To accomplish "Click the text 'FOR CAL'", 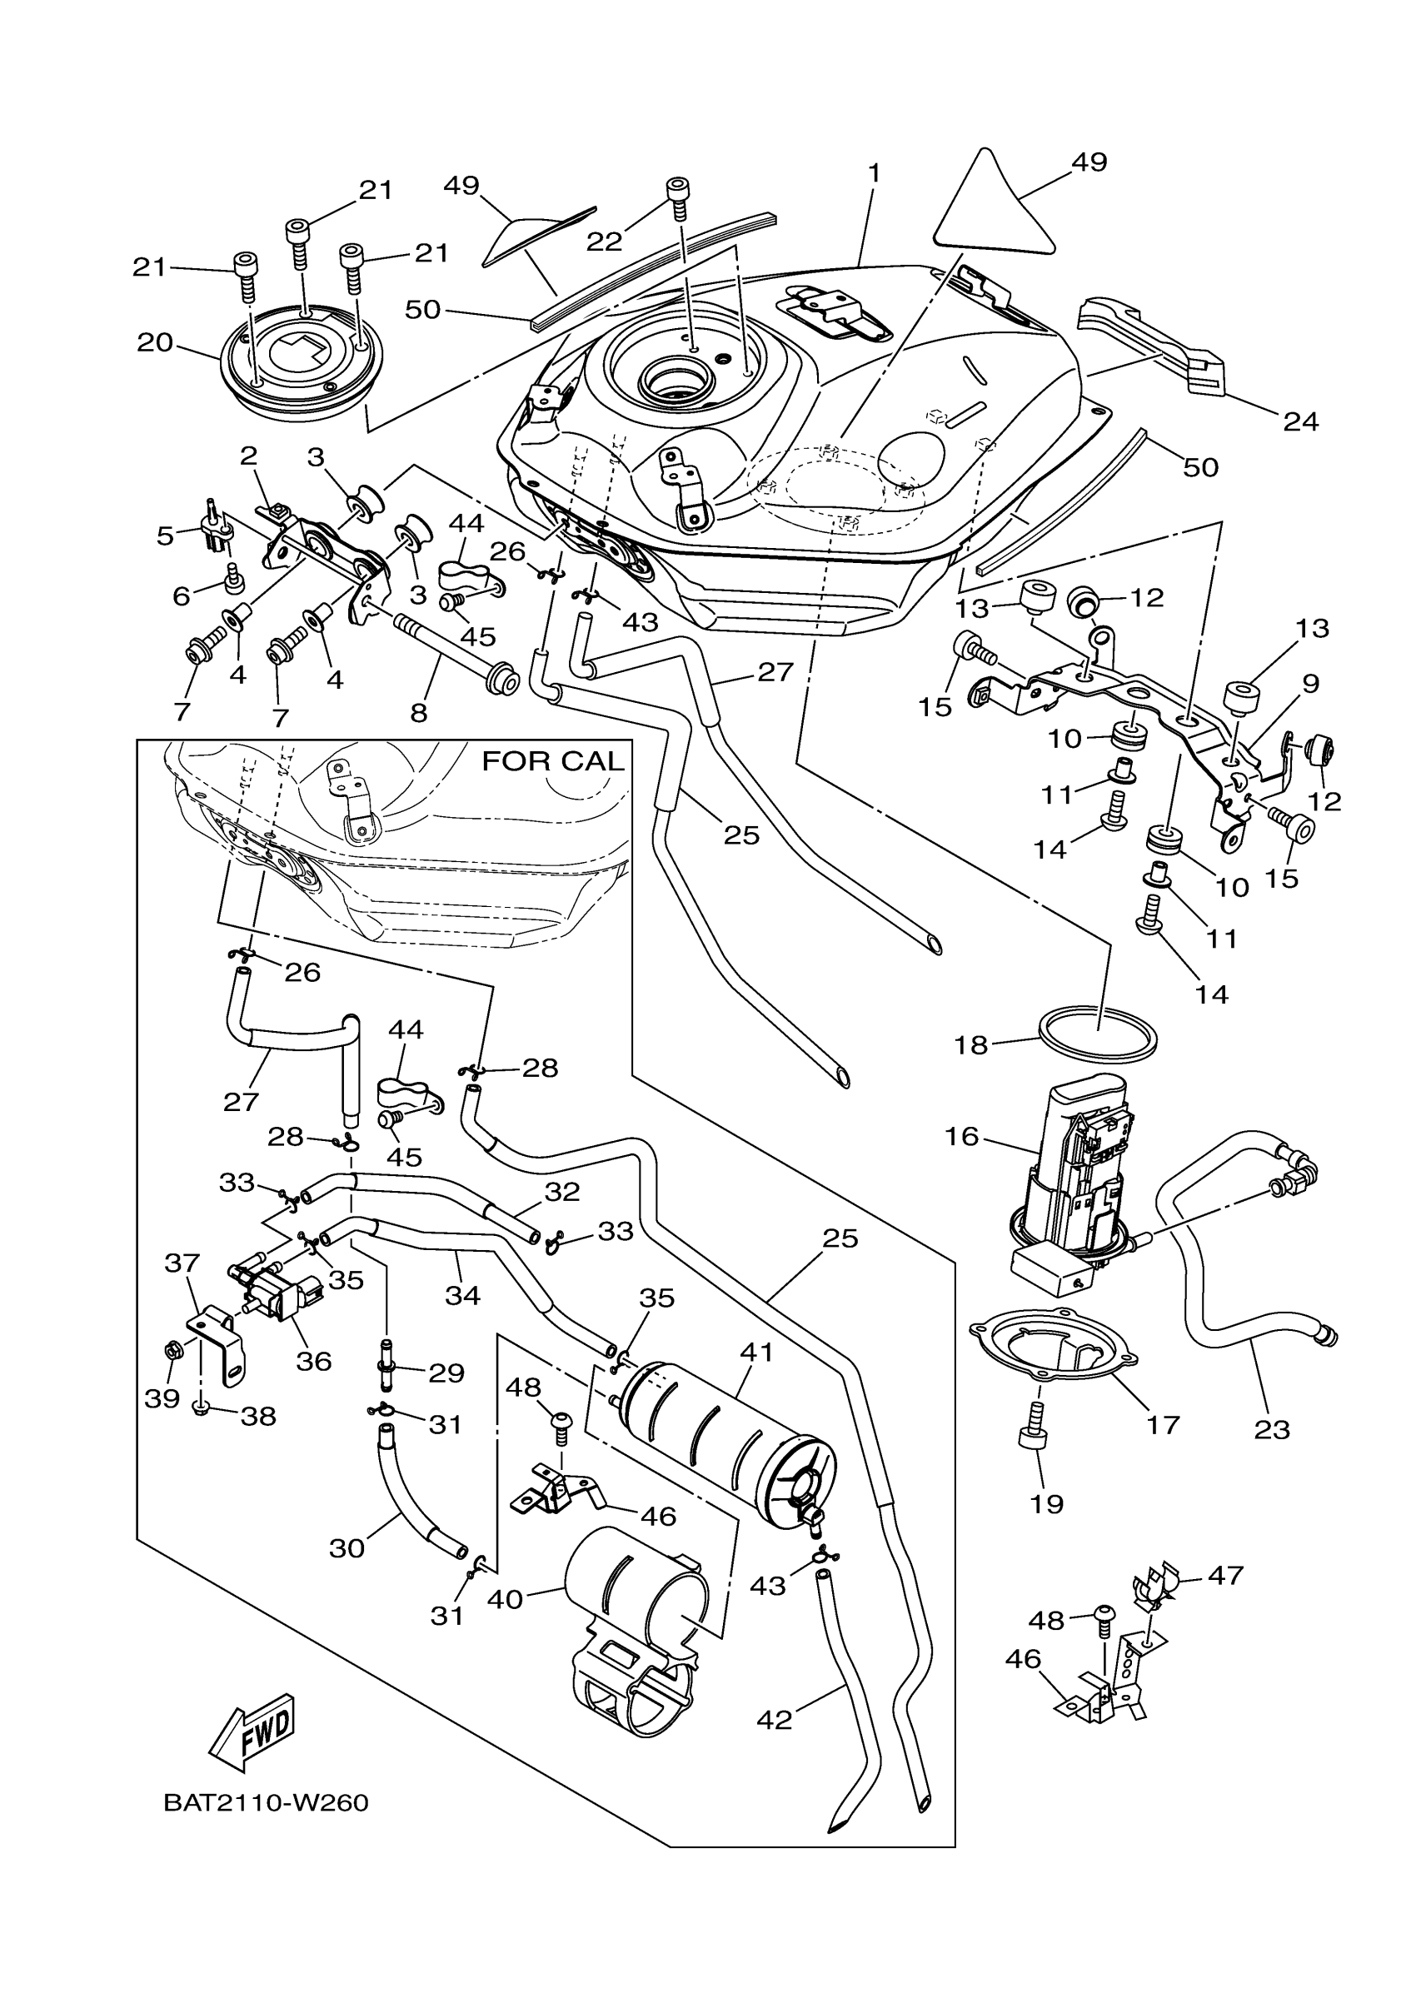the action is (553, 761).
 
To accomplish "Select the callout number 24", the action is (1300, 421).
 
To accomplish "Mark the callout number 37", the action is (182, 1263).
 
